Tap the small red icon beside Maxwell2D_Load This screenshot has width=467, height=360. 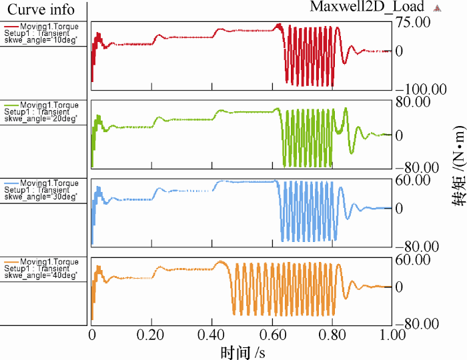pos(438,8)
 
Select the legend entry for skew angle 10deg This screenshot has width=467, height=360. pos(41,34)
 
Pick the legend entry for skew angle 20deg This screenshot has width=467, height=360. pos(41,112)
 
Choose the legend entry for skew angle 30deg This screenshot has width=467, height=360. pos(41,190)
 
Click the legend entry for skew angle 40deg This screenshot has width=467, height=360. pos(41,269)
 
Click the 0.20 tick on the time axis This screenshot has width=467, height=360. pos(152,335)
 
